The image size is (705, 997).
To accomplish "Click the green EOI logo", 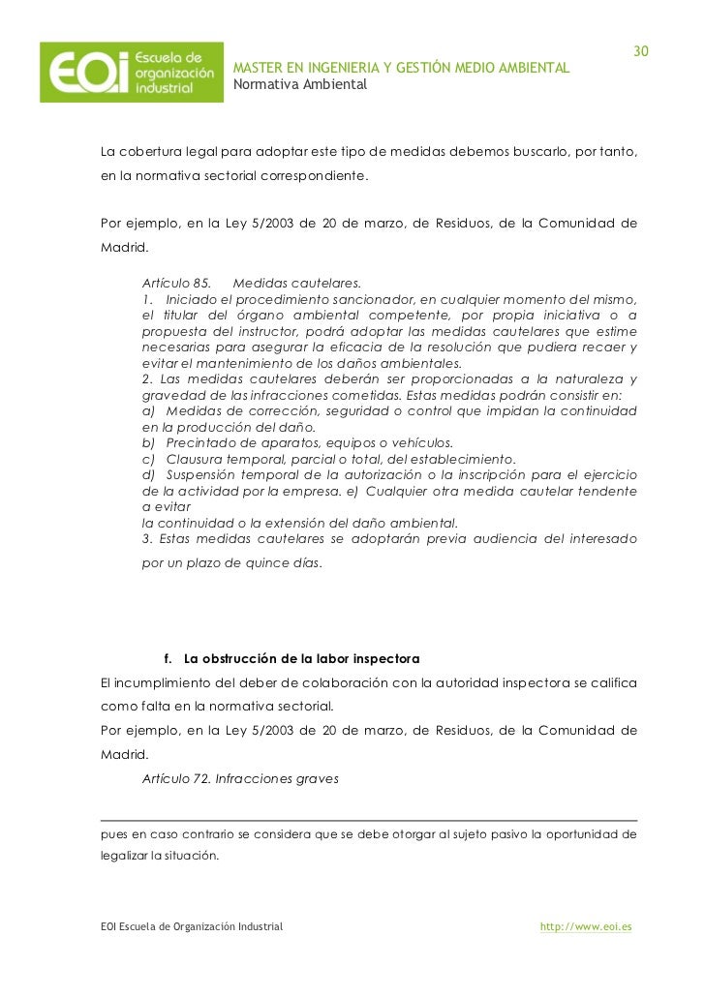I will point(131,73).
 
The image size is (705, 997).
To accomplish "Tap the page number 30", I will point(640,50).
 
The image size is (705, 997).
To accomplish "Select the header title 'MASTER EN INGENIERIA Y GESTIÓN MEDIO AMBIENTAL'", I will point(401,68).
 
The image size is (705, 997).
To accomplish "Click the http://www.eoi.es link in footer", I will point(586,926).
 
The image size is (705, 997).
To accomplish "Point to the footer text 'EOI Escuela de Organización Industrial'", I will point(192,926).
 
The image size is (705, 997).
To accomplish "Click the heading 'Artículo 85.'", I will point(176,284).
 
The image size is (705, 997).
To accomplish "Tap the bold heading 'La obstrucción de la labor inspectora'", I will point(301,659).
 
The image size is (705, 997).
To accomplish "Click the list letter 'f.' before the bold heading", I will point(169,659).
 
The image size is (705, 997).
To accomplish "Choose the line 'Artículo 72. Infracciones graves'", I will point(240,777).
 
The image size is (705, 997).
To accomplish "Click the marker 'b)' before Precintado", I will point(149,442).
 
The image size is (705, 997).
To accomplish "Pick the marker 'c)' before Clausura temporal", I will point(149,458).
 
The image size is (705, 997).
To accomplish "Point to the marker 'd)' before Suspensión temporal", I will point(149,474).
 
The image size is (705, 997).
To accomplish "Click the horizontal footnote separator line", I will point(369,820).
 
